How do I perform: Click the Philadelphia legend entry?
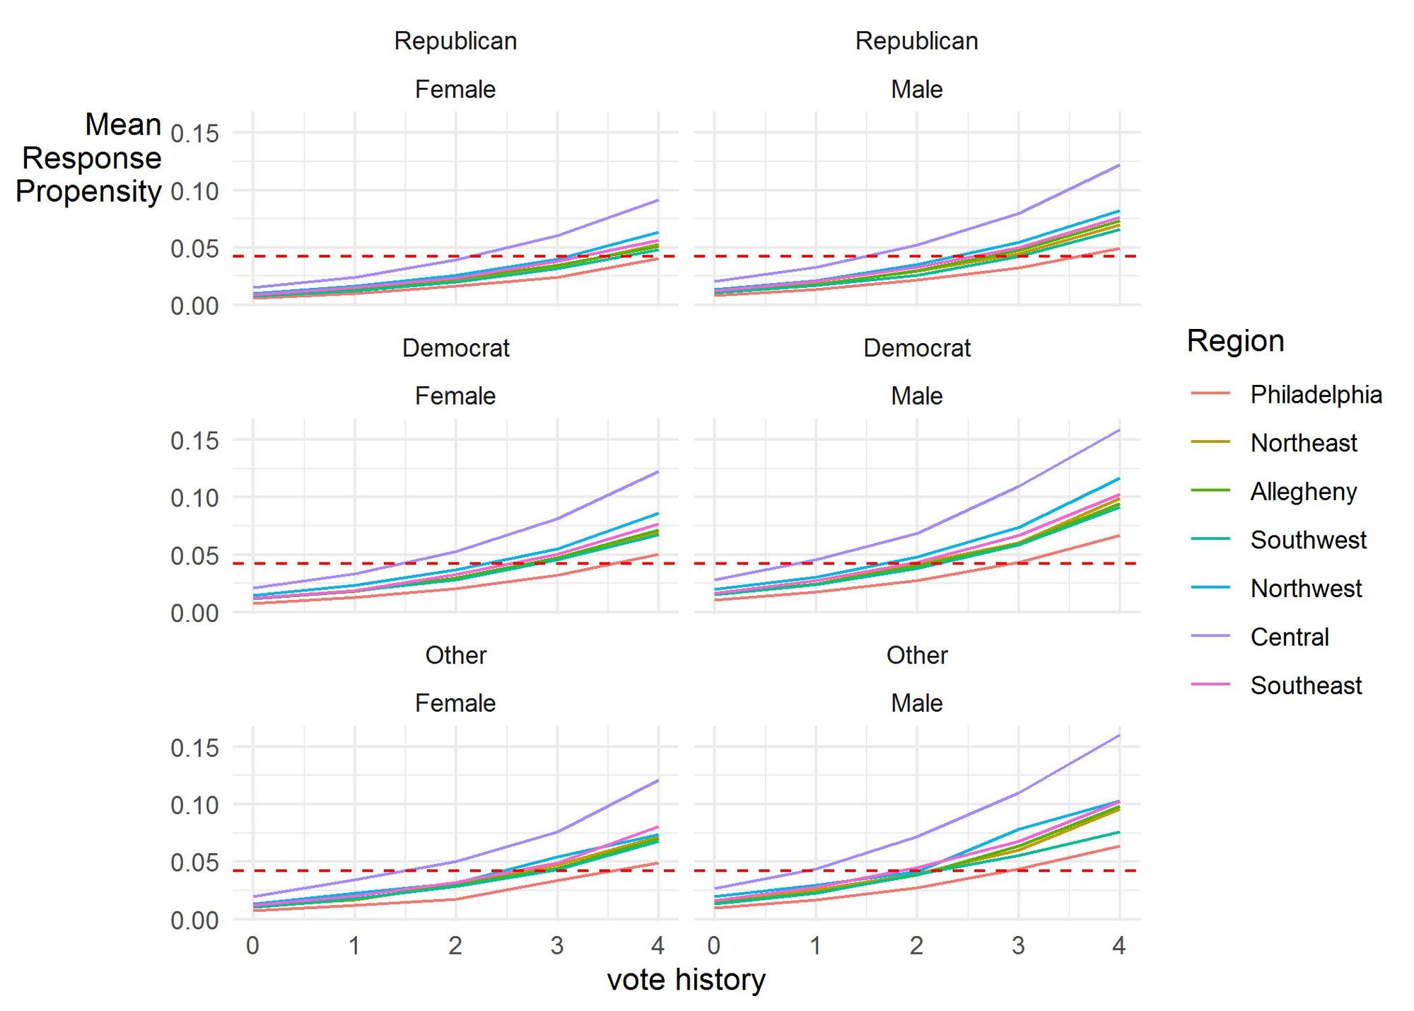[x=1315, y=394]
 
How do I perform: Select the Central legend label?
[x=1289, y=637]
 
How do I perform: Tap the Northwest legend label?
[x=1305, y=588]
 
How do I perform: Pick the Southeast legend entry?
[x=1305, y=685]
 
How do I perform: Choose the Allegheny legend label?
[x=1303, y=491]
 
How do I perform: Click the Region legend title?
[x=1235, y=340]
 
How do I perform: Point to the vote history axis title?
[x=686, y=980]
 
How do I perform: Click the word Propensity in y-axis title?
[x=88, y=191]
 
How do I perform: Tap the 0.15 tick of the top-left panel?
[x=194, y=133]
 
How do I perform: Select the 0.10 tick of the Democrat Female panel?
[x=194, y=497]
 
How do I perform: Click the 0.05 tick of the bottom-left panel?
[x=194, y=862]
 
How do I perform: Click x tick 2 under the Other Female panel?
[x=455, y=945]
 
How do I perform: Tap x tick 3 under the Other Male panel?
[x=1017, y=945]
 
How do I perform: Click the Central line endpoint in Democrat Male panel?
[x=1119, y=430]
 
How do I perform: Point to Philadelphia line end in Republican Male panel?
[x=1119, y=248]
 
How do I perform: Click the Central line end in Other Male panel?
[x=1119, y=736]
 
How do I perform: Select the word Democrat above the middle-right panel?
[x=916, y=348]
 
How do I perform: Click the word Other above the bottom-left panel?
[x=455, y=655]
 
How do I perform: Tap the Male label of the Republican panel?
[x=916, y=89]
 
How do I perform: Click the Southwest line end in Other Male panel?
[x=1119, y=832]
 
